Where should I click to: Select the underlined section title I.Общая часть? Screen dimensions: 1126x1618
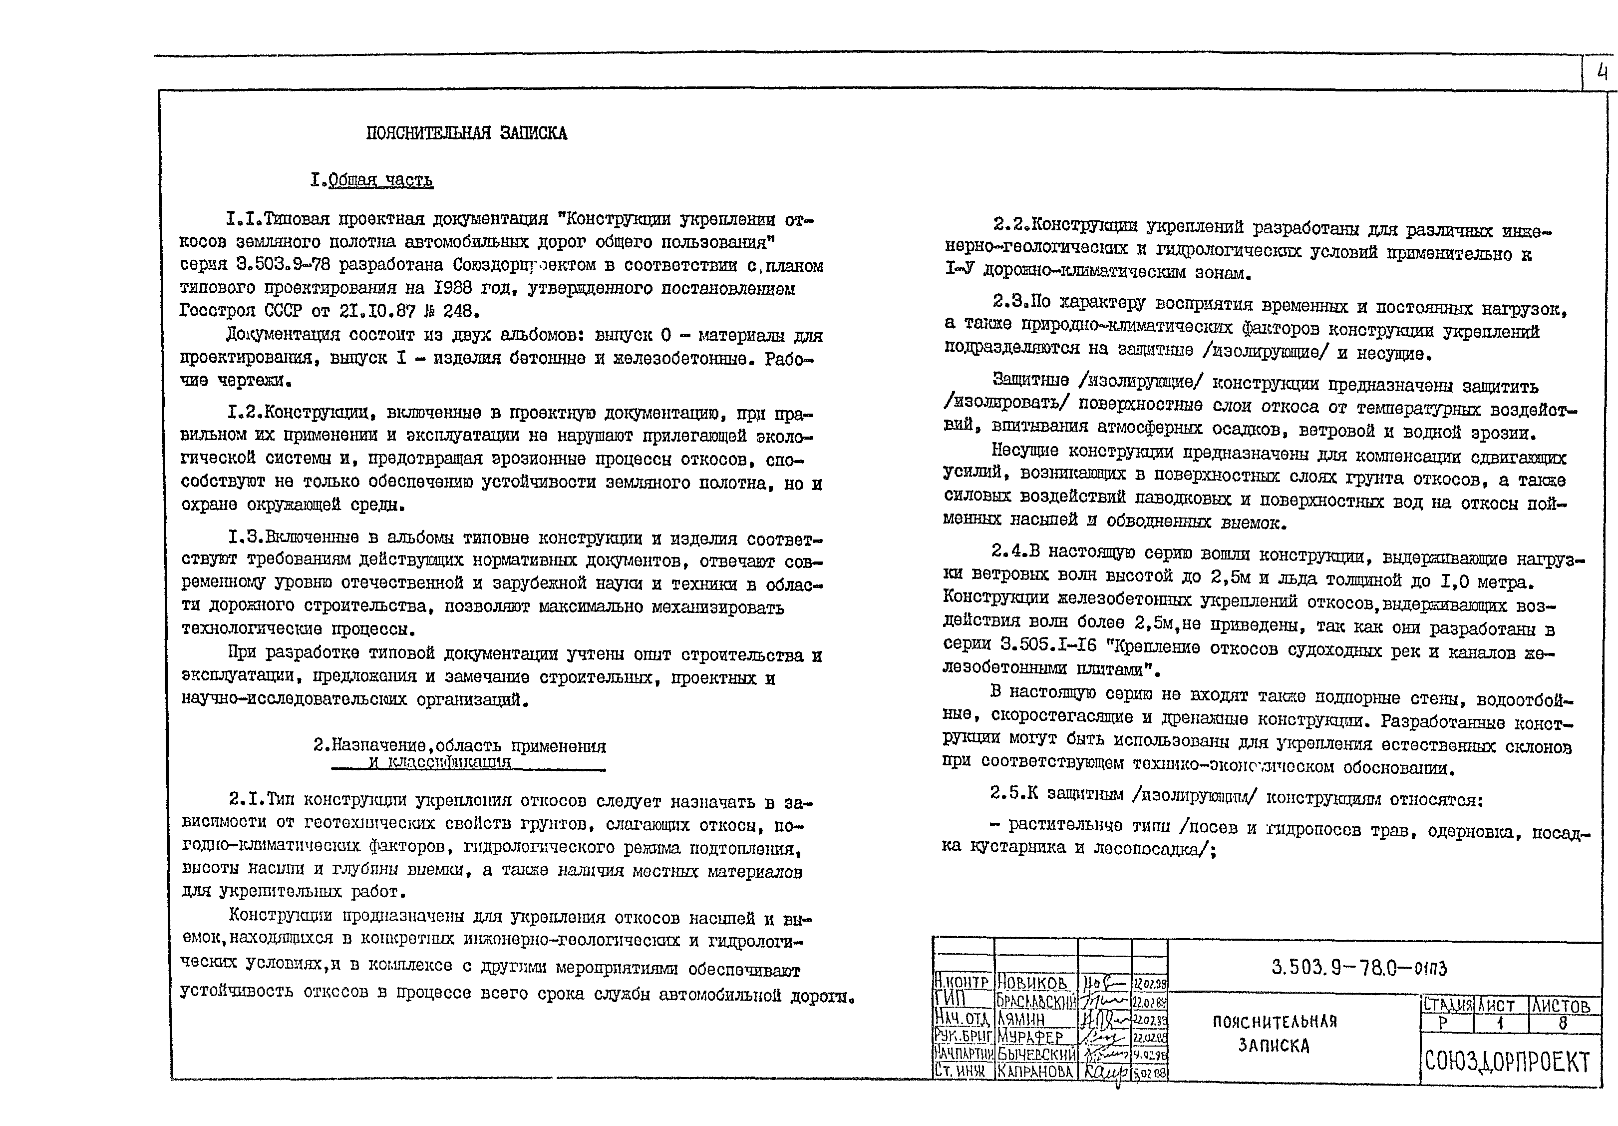coord(371,180)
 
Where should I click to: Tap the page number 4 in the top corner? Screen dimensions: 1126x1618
coord(1602,72)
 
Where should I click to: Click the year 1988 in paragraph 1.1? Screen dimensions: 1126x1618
coord(457,288)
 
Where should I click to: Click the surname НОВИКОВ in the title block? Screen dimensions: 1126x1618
coord(1032,982)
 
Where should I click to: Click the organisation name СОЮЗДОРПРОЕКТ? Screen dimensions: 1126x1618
coord(1507,1061)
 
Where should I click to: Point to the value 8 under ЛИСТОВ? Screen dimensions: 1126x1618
coord(1562,1023)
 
